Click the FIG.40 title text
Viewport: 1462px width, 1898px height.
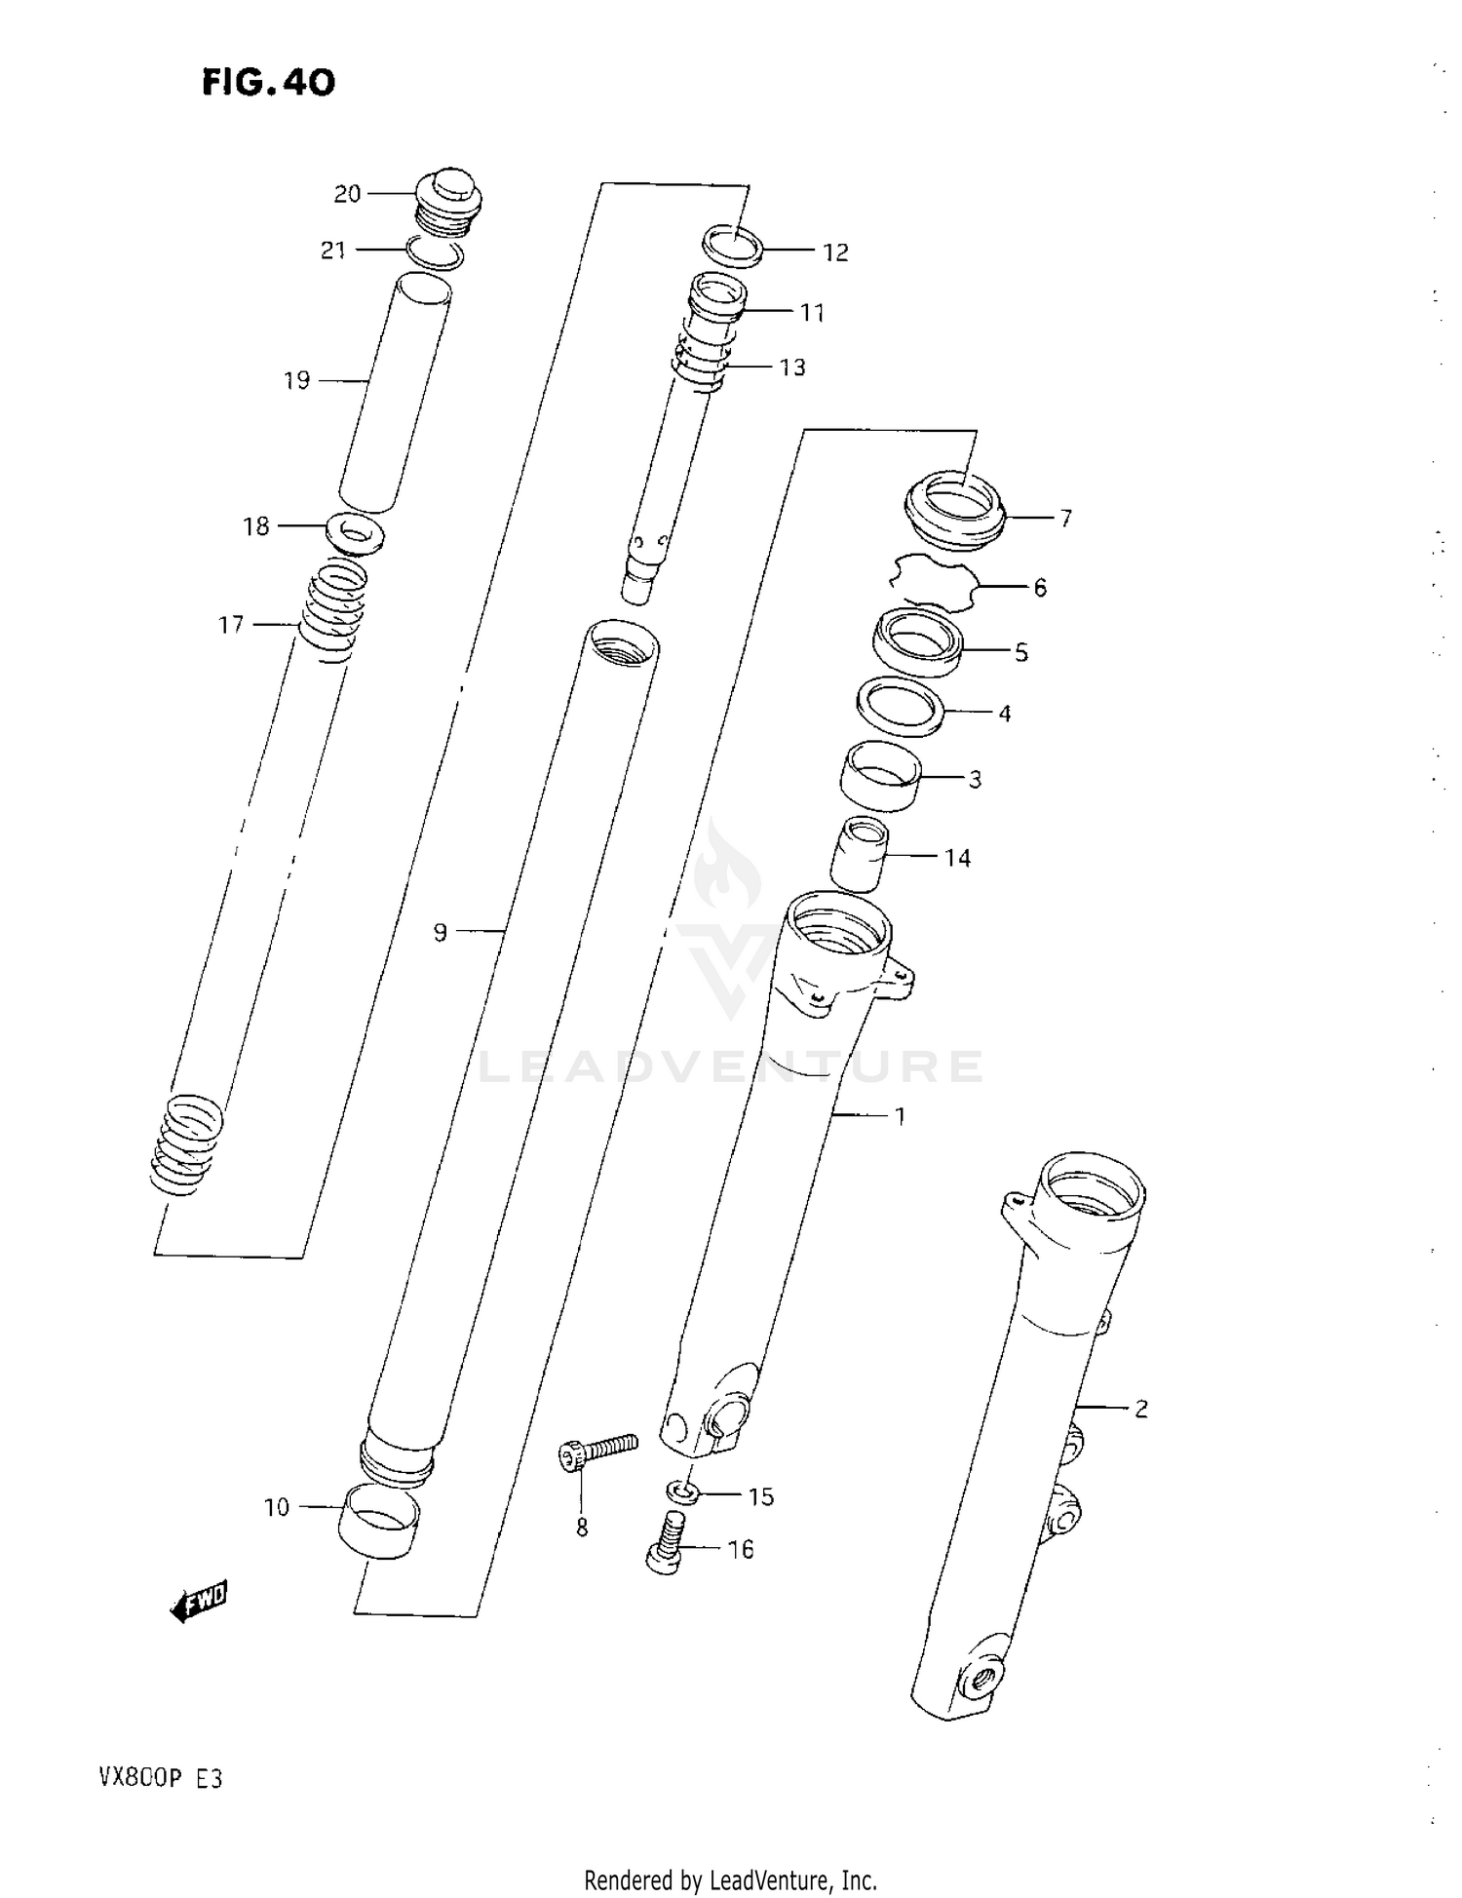click(x=268, y=83)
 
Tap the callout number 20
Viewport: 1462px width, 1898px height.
click(x=347, y=194)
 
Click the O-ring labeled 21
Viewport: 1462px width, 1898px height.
click(x=435, y=252)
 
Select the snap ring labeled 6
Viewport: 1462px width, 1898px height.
click(x=932, y=582)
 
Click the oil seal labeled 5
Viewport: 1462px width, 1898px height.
click(x=917, y=641)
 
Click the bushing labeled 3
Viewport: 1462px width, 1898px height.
click(x=881, y=774)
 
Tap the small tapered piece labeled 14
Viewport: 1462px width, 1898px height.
click(x=859, y=853)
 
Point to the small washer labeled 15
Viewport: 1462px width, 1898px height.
click(x=682, y=1492)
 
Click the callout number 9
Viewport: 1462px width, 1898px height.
click(x=441, y=933)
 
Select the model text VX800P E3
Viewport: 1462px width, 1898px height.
click(x=160, y=1779)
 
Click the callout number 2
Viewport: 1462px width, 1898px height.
click(x=1140, y=1408)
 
